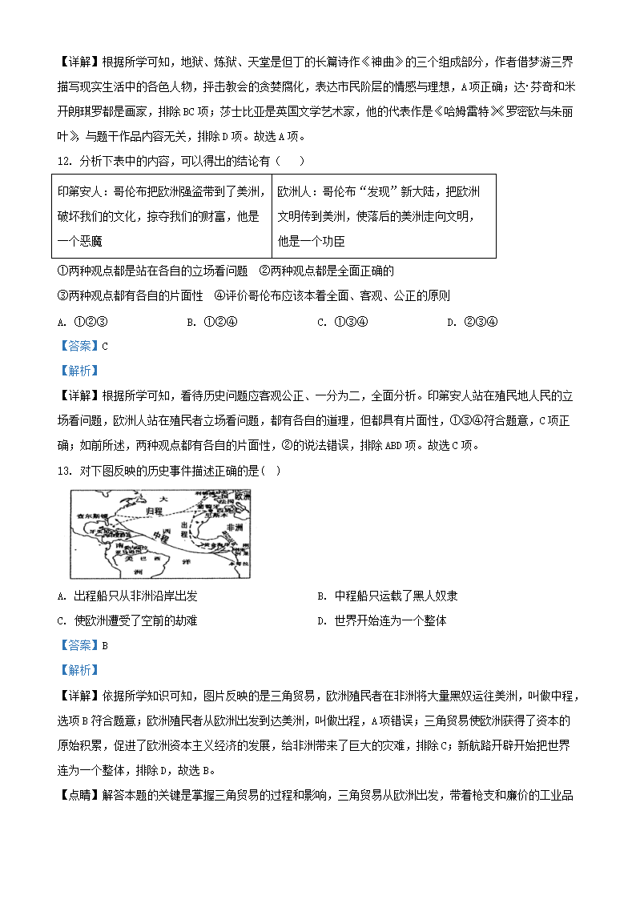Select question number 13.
coord(63,470)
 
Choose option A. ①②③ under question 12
coord(83,322)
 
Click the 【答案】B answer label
coord(83,645)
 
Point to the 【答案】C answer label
coord(83,346)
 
